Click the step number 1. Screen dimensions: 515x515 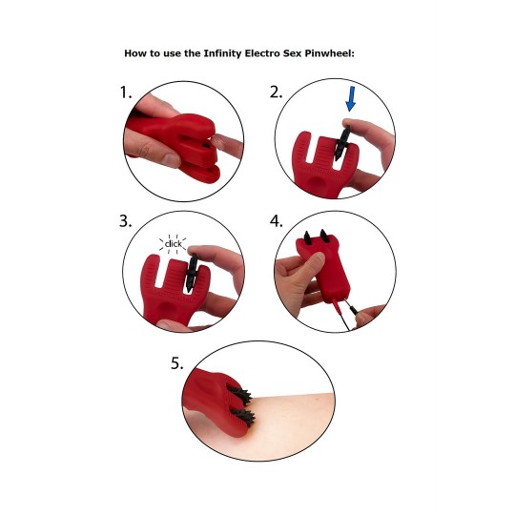pyautogui.click(x=125, y=93)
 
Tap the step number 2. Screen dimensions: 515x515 pyautogui.click(x=276, y=93)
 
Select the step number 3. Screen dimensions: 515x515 pyautogui.click(x=126, y=222)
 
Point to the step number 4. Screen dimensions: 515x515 pyautogui.click(x=277, y=222)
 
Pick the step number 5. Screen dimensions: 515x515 pyautogui.click(x=177, y=362)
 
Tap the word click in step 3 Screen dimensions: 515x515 pyautogui.click(x=173, y=243)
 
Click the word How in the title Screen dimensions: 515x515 pyautogui.click(x=135, y=52)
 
